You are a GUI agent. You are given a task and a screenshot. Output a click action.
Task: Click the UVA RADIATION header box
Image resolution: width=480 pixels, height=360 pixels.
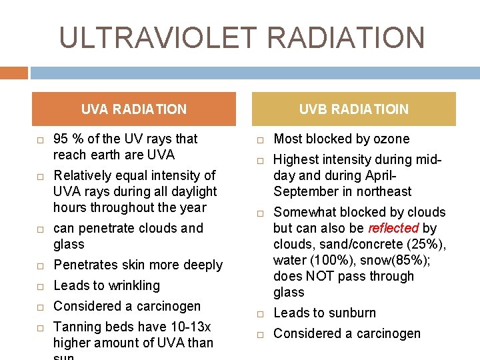pyautogui.click(x=134, y=109)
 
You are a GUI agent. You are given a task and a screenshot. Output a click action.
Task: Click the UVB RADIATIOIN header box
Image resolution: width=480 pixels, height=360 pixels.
pyautogui.click(x=353, y=109)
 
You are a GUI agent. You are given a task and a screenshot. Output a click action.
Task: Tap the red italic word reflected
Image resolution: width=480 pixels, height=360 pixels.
pyautogui.click(x=393, y=228)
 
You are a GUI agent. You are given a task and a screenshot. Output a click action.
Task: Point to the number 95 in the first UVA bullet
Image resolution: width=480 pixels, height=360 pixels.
pyautogui.click(x=61, y=139)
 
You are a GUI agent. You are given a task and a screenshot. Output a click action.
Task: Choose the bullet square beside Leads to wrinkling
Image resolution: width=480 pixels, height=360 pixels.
pyautogui.click(x=40, y=287)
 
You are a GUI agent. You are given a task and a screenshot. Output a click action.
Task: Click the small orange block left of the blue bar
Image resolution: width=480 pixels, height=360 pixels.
pyautogui.click(x=14, y=73)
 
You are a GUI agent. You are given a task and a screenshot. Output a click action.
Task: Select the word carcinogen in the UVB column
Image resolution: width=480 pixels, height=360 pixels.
pyautogui.click(x=388, y=333)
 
